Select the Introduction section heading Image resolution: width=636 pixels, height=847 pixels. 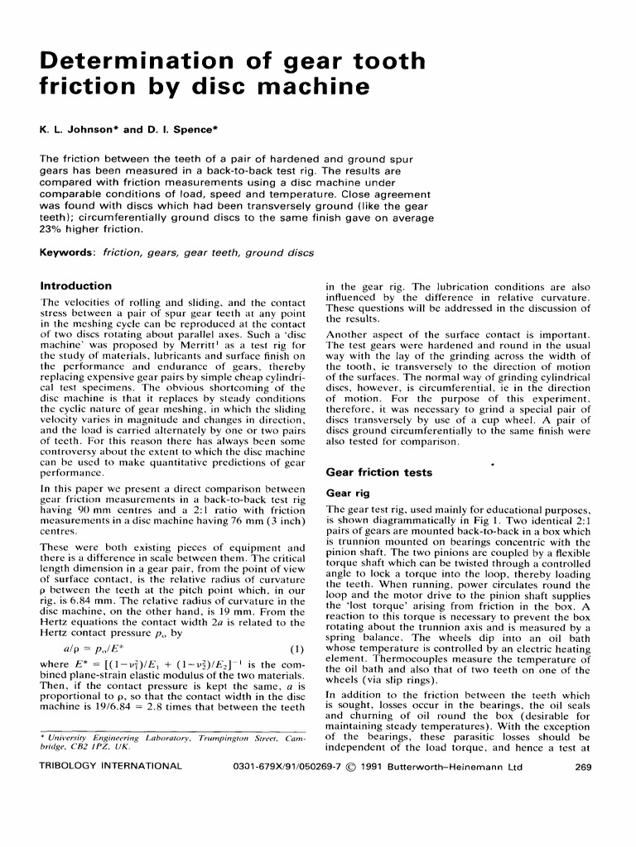tap(76, 285)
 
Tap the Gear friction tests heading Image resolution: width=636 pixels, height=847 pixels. tap(379, 472)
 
